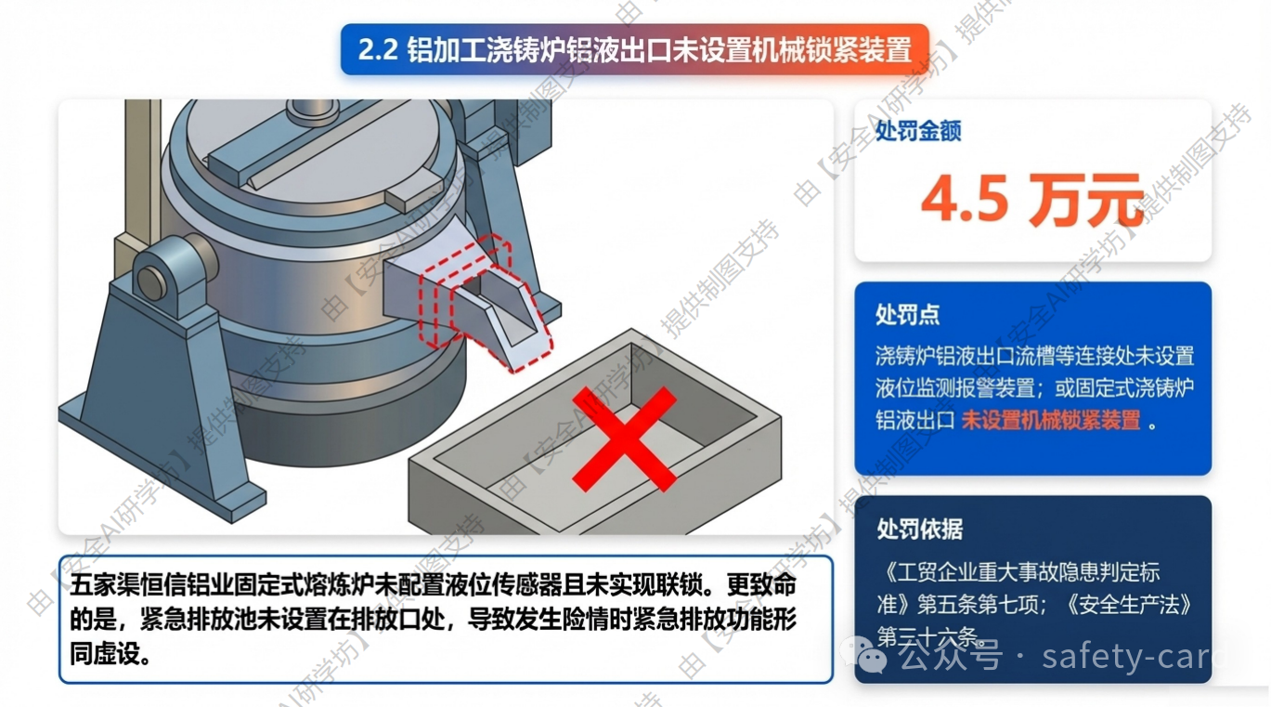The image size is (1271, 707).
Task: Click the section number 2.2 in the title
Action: click(378, 50)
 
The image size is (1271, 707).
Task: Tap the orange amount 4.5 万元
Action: click(1032, 200)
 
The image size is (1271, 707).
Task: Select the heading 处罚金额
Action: click(918, 131)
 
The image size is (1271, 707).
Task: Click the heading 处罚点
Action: click(907, 314)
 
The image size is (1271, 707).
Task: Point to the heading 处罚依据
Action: click(919, 530)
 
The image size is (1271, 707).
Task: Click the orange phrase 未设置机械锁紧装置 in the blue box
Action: click(1051, 420)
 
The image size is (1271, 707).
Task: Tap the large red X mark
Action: click(624, 439)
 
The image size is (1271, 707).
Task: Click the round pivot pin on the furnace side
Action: click(152, 281)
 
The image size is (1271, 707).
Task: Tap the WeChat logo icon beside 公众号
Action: click(863, 655)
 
